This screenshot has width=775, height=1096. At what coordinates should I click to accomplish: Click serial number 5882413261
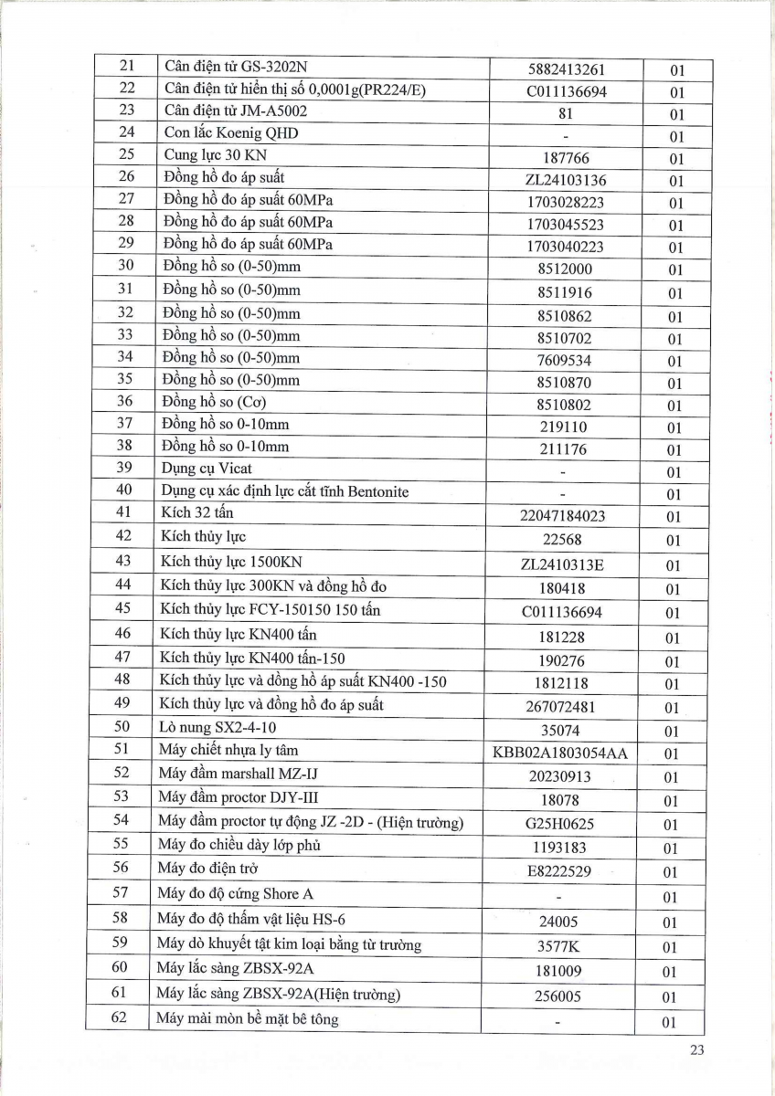coord(567,69)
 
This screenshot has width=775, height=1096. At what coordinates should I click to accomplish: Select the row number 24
coord(126,132)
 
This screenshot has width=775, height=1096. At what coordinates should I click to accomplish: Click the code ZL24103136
coord(567,180)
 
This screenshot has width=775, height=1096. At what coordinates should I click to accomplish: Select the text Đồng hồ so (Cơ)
coord(216,402)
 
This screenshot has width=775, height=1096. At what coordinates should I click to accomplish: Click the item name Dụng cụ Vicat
coord(207,469)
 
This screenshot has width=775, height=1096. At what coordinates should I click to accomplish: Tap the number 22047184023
coord(567,516)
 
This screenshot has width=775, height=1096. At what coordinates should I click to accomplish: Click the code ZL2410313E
coord(567,564)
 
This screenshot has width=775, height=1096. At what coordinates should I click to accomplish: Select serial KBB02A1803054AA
coord(567,753)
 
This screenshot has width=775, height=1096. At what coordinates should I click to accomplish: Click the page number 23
coord(697,1050)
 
